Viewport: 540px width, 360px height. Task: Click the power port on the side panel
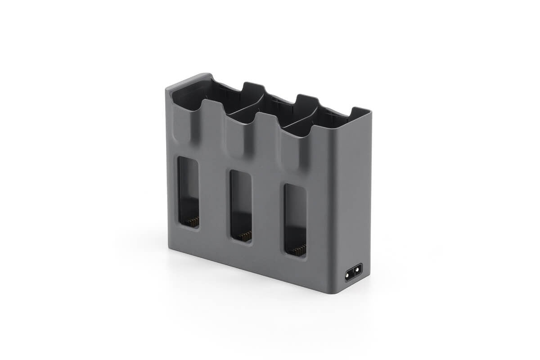(x=353, y=273)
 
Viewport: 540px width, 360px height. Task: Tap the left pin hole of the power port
(x=349, y=274)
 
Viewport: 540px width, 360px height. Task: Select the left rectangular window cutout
(x=189, y=191)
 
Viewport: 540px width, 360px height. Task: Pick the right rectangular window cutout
(x=295, y=220)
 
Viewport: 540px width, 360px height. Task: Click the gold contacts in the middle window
(x=245, y=236)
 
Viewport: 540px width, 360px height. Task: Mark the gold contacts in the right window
(x=299, y=250)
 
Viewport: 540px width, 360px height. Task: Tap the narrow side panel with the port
(x=353, y=202)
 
